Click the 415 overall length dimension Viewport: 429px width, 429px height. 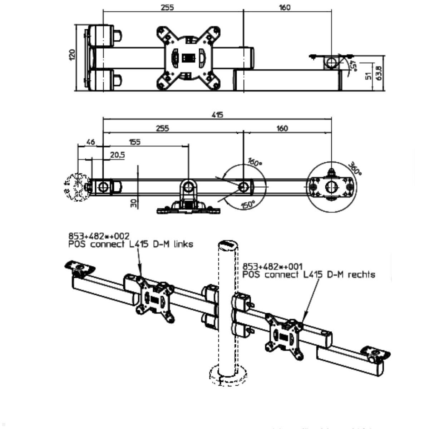click(217, 115)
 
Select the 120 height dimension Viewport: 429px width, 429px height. click(73, 55)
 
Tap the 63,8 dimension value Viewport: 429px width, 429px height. click(380, 73)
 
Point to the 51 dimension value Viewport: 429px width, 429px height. click(369, 76)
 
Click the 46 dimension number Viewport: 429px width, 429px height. click(90, 142)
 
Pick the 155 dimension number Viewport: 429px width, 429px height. click(134, 142)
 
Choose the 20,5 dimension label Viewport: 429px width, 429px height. click(117, 155)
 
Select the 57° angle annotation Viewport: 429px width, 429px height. click(353, 66)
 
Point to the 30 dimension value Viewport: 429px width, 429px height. click(133, 203)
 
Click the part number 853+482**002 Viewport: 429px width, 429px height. click(99, 236)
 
